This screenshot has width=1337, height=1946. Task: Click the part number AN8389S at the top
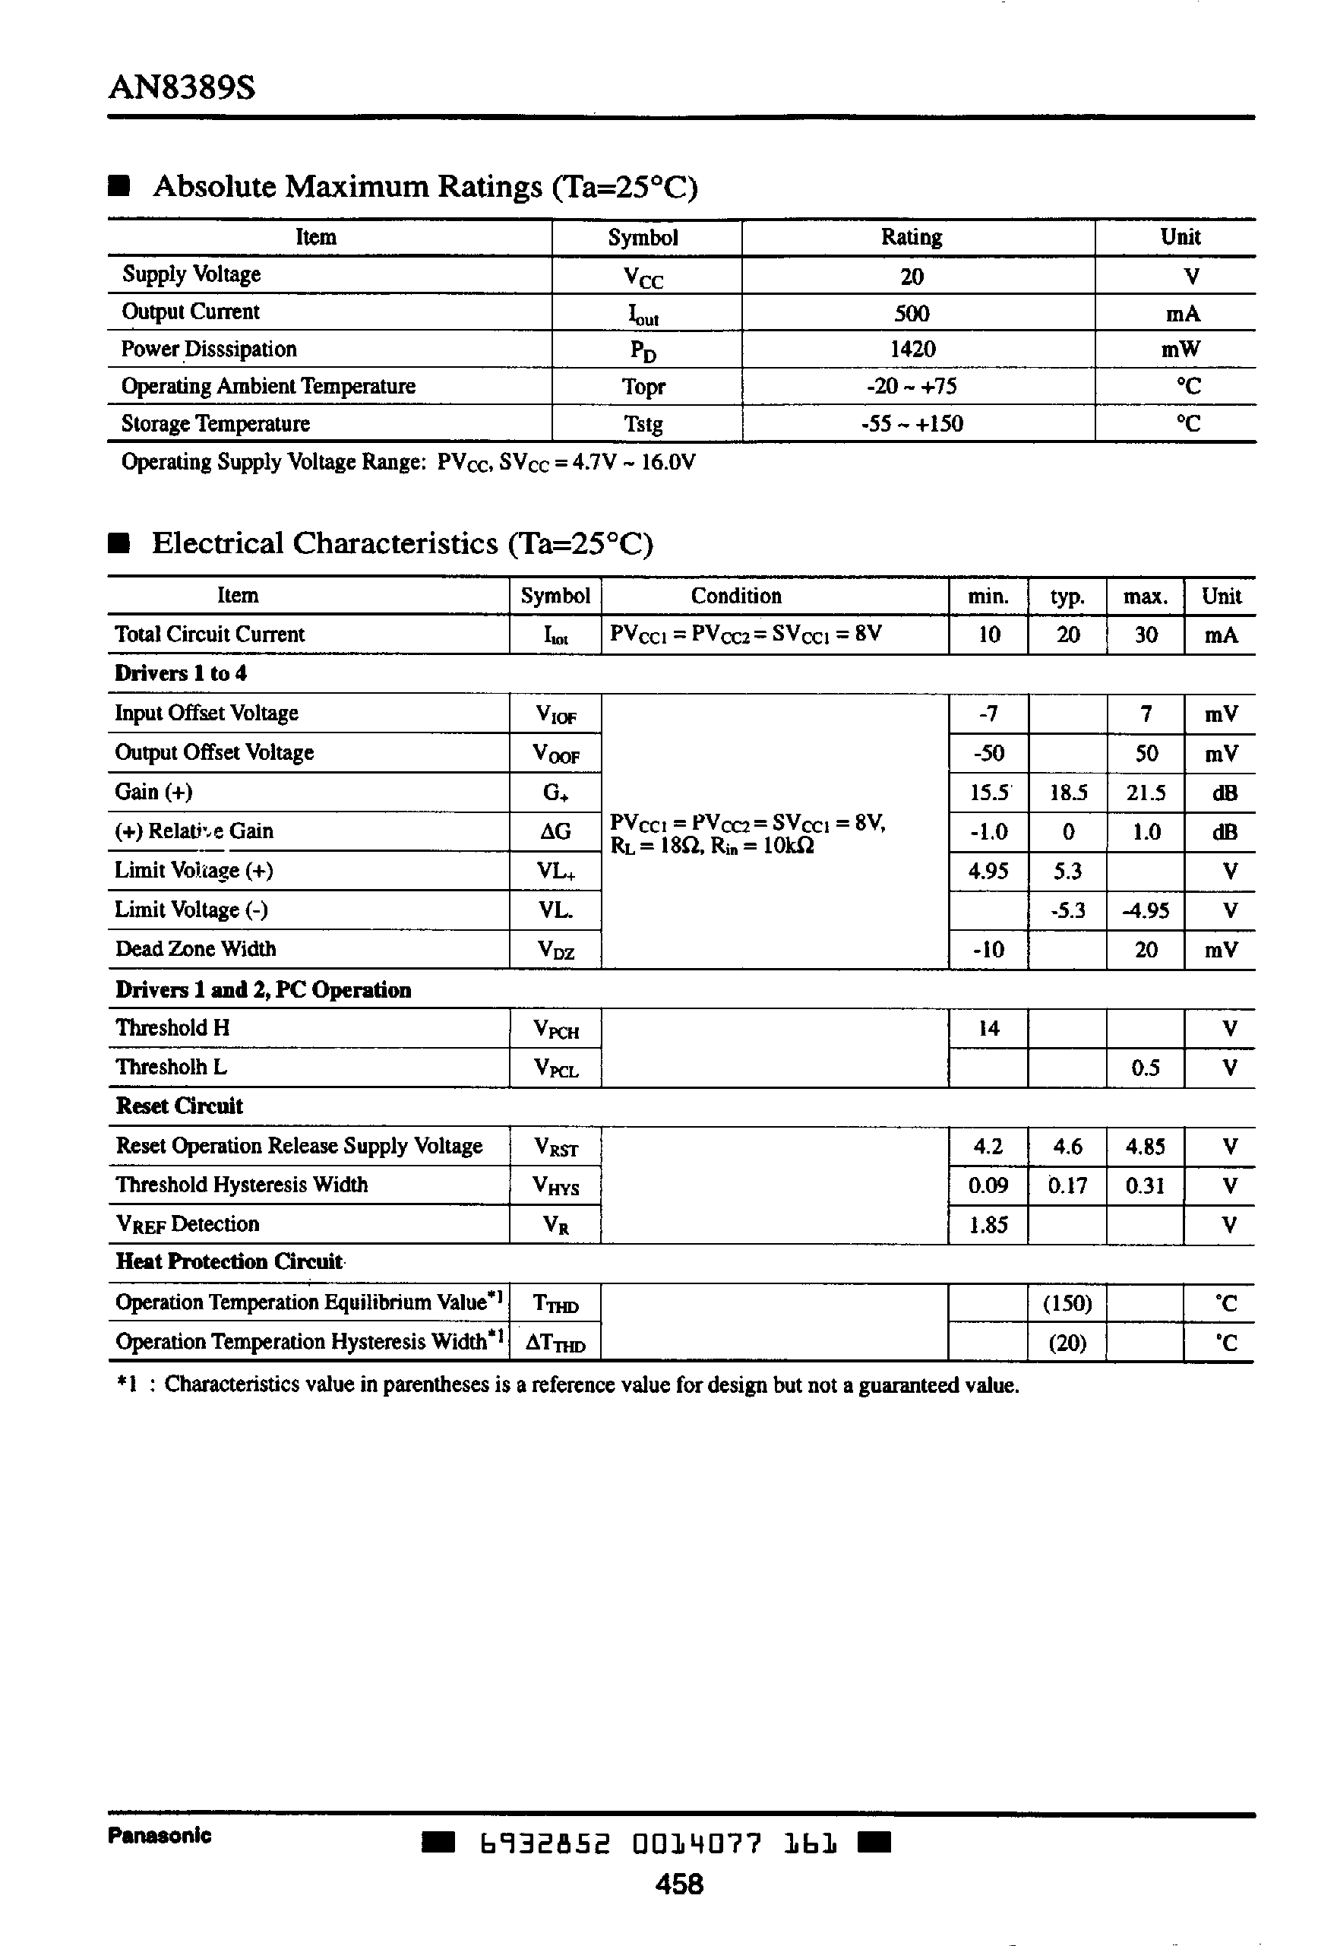pos(182,87)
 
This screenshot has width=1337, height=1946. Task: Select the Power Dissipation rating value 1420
pos(912,350)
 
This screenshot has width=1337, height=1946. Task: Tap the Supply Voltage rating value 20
pos(912,277)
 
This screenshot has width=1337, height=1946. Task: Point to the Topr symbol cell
pos(643,387)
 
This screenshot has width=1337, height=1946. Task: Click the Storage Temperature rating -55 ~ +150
pos(912,424)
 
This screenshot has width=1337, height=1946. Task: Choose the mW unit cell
pos(1181,350)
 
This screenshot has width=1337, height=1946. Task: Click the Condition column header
pos(735,596)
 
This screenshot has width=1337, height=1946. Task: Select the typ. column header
pos(1067,596)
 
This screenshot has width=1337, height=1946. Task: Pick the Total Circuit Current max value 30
pos(1145,635)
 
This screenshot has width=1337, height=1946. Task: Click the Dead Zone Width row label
pos(195,949)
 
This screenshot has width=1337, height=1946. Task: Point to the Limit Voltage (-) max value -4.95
pos(1145,910)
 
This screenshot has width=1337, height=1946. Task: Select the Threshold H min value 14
pos(988,1029)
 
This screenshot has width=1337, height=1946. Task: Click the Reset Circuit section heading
pos(179,1106)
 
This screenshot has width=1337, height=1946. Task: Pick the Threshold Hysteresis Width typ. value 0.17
pos(1067,1185)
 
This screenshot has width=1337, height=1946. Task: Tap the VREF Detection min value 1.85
pos(988,1225)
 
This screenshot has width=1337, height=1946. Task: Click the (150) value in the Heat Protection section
pos(1067,1303)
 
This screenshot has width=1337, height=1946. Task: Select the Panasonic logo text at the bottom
pos(160,1835)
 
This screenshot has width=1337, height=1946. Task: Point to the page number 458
pos(678,1884)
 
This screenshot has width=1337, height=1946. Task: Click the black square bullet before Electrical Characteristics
pos(119,543)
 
